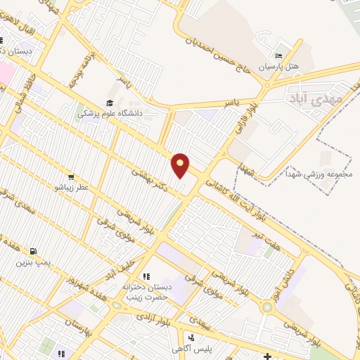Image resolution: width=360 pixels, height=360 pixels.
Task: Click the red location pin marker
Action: click(x=181, y=165)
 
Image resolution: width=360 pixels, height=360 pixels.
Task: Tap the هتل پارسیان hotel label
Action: click(x=280, y=66)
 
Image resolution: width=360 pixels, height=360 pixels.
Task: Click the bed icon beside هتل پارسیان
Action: click(x=279, y=56)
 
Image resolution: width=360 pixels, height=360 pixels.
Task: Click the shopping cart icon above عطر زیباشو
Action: click(x=71, y=176)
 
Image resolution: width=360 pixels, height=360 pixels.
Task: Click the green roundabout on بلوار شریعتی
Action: click(x=267, y=307)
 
